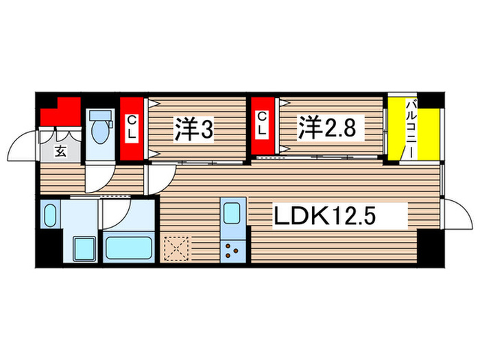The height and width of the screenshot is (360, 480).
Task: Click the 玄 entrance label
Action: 60,152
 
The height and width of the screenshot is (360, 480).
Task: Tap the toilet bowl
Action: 100,130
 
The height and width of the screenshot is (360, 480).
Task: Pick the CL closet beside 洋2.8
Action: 261,128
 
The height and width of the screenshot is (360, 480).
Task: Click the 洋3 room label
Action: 193,129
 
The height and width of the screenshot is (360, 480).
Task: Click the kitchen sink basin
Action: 231,215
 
